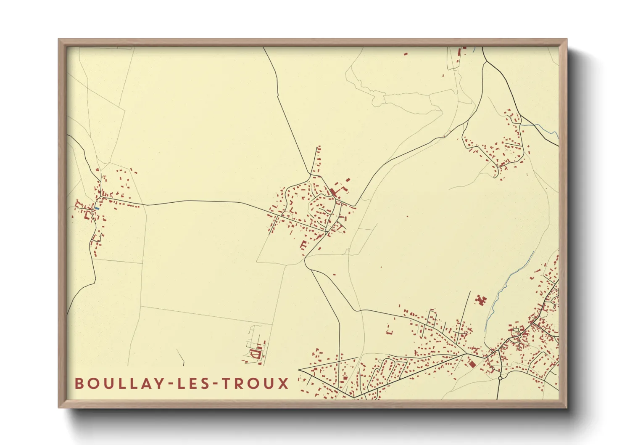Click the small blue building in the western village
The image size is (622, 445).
coord(97,208)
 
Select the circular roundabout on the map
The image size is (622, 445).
coord(500,378)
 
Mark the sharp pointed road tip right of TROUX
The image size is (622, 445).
coord(299,370)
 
